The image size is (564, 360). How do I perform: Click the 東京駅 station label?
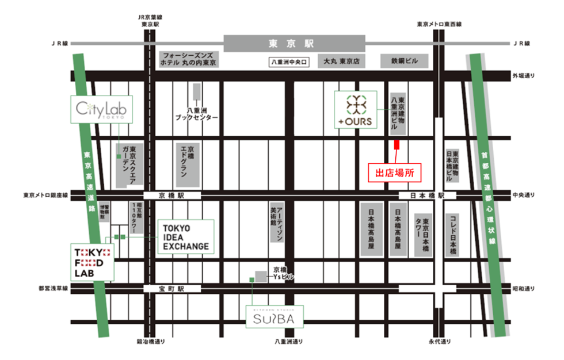coord(294,43)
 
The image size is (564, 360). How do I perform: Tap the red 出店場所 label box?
coord(395,171)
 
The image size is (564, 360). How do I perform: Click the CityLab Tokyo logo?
coord(101,108)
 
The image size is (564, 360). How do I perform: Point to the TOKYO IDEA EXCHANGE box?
coord(185,237)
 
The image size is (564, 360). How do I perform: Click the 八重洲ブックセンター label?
coord(197,113)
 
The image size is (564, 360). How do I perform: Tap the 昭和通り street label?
coord(523,288)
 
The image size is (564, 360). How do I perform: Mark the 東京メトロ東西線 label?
coord(440,24)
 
